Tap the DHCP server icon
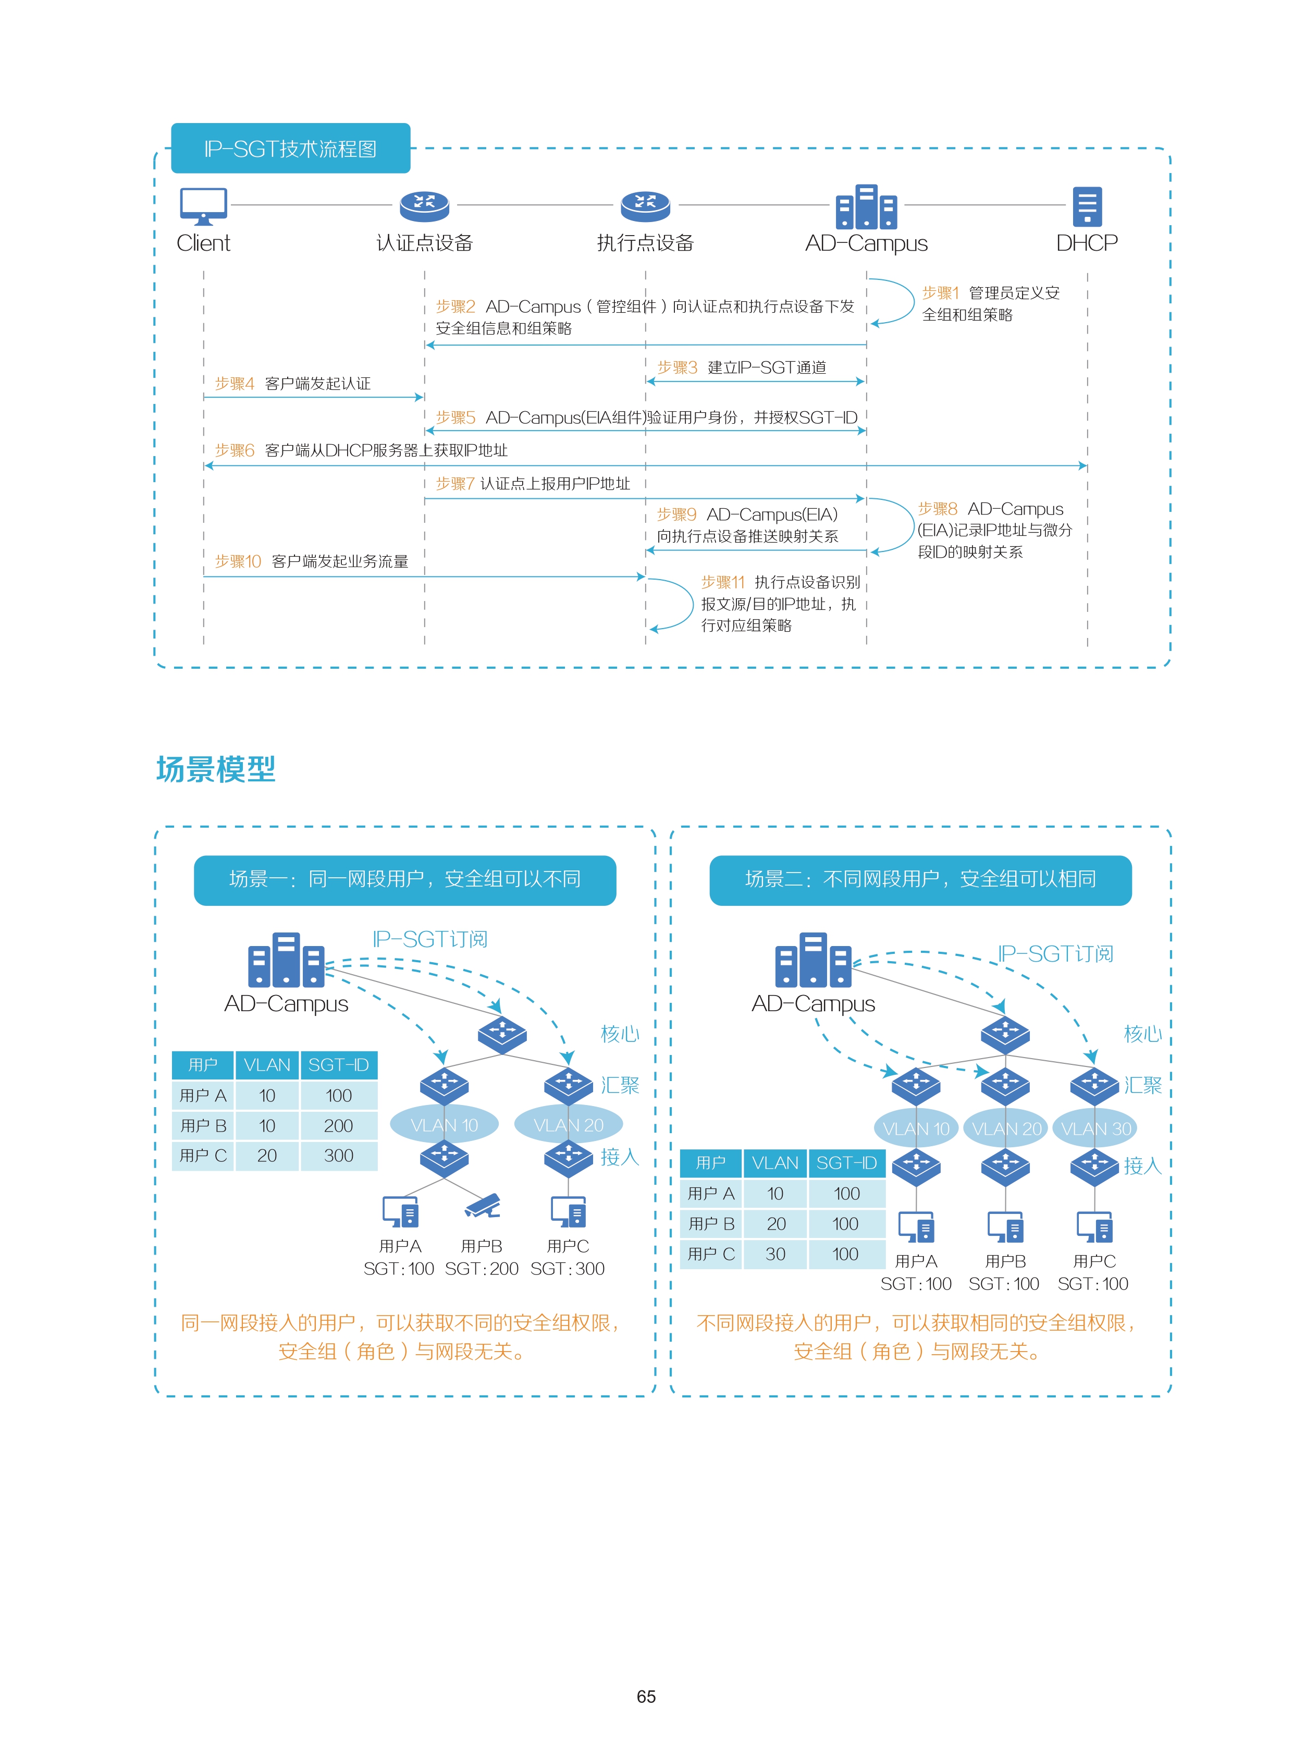[1087, 206]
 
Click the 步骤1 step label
[940, 293]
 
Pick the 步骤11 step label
[722, 582]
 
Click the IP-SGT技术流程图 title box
[290, 148]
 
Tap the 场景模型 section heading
[216, 769]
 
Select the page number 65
[646, 1696]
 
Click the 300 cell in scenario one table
[338, 1156]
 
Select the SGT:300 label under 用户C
[568, 1269]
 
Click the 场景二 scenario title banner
[920, 880]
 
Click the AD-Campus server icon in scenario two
[813, 960]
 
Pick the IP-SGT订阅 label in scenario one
[429, 939]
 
